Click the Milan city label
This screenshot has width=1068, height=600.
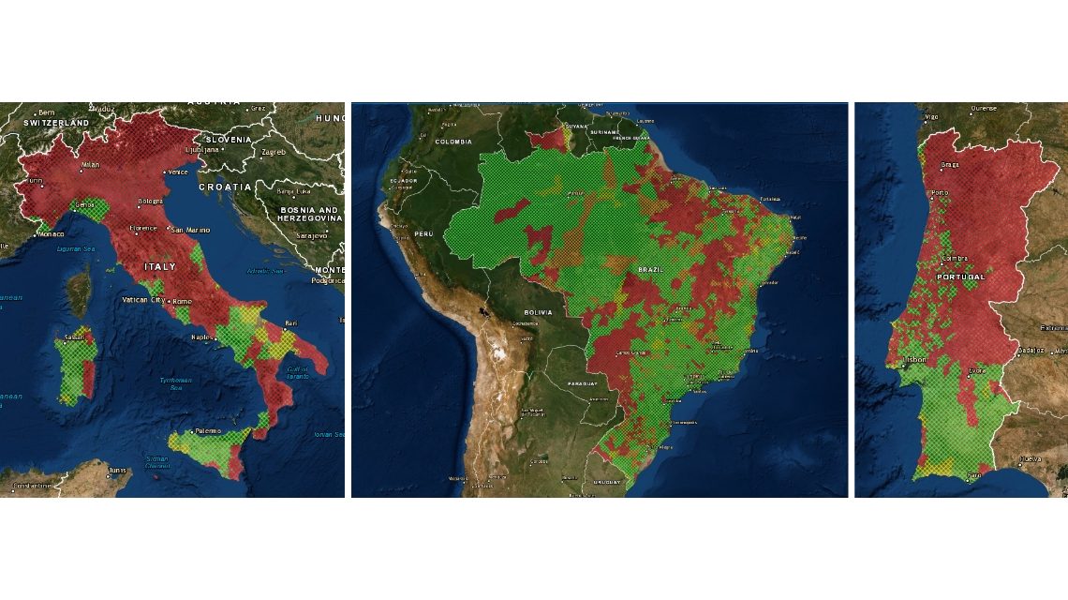pyautogui.click(x=90, y=165)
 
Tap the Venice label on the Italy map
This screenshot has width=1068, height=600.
pyautogui.click(x=178, y=172)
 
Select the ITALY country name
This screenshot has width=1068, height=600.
pyautogui.click(x=159, y=267)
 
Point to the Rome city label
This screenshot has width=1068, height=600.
pyautogui.click(x=182, y=301)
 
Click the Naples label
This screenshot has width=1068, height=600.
pyautogui.click(x=200, y=337)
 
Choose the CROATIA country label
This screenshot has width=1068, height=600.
pyautogui.click(x=224, y=187)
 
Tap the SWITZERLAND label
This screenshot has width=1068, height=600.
pyautogui.click(x=56, y=123)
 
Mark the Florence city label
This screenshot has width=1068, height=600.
pyautogui.click(x=143, y=228)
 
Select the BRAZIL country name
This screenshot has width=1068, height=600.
pyautogui.click(x=650, y=269)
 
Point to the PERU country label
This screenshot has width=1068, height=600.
pyautogui.click(x=424, y=232)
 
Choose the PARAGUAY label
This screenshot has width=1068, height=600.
pyautogui.click(x=582, y=384)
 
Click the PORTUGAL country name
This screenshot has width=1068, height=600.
pyautogui.click(x=961, y=277)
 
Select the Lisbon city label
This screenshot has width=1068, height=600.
pyautogui.click(x=913, y=359)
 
